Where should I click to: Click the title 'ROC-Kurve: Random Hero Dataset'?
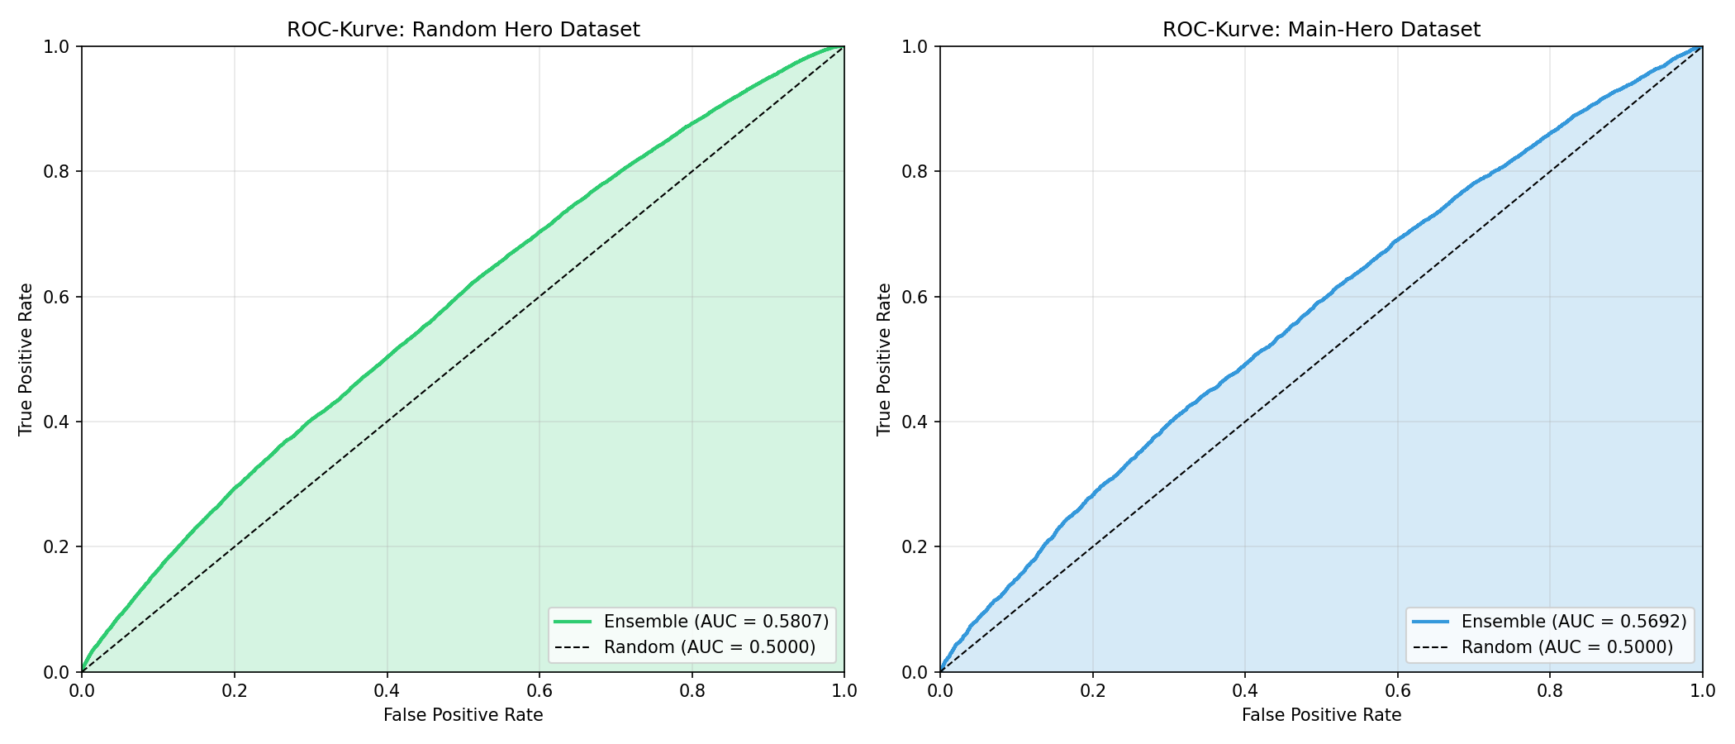(x=463, y=30)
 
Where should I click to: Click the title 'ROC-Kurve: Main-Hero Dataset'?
(x=1321, y=30)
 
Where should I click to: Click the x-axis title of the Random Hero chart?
(x=463, y=715)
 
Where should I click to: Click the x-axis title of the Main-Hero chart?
(x=1321, y=715)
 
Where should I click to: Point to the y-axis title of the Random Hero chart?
(x=26, y=359)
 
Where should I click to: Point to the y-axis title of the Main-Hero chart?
(x=885, y=359)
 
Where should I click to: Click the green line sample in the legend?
(x=573, y=622)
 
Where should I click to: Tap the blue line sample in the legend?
(x=1431, y=622)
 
